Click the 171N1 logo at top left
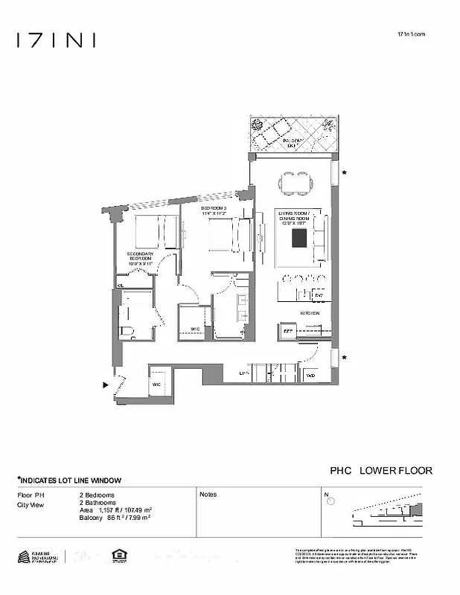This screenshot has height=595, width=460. click(x=56, y=40)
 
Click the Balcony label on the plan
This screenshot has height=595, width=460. click(x=281, y=142)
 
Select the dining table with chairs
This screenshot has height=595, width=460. click(x=291, y=181)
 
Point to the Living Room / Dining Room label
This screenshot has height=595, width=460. click(x=292, y=217)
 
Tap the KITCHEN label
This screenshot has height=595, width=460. click(x=310, y=314)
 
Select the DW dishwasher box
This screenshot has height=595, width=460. click(x=318, y=295)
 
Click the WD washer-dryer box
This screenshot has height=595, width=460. click(x=311, y=375)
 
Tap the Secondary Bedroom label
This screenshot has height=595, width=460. click(x=140, y=258)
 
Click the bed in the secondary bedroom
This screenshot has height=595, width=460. click(x=158, y=231)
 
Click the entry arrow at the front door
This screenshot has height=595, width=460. click(x=105, y=385)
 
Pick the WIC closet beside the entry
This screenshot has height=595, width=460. click(x=157, y=384)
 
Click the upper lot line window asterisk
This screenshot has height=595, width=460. click(x=344, y=174)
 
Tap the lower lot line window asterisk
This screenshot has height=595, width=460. click(x=344, y=358)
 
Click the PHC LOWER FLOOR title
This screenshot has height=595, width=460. click(x=380, y=471)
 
